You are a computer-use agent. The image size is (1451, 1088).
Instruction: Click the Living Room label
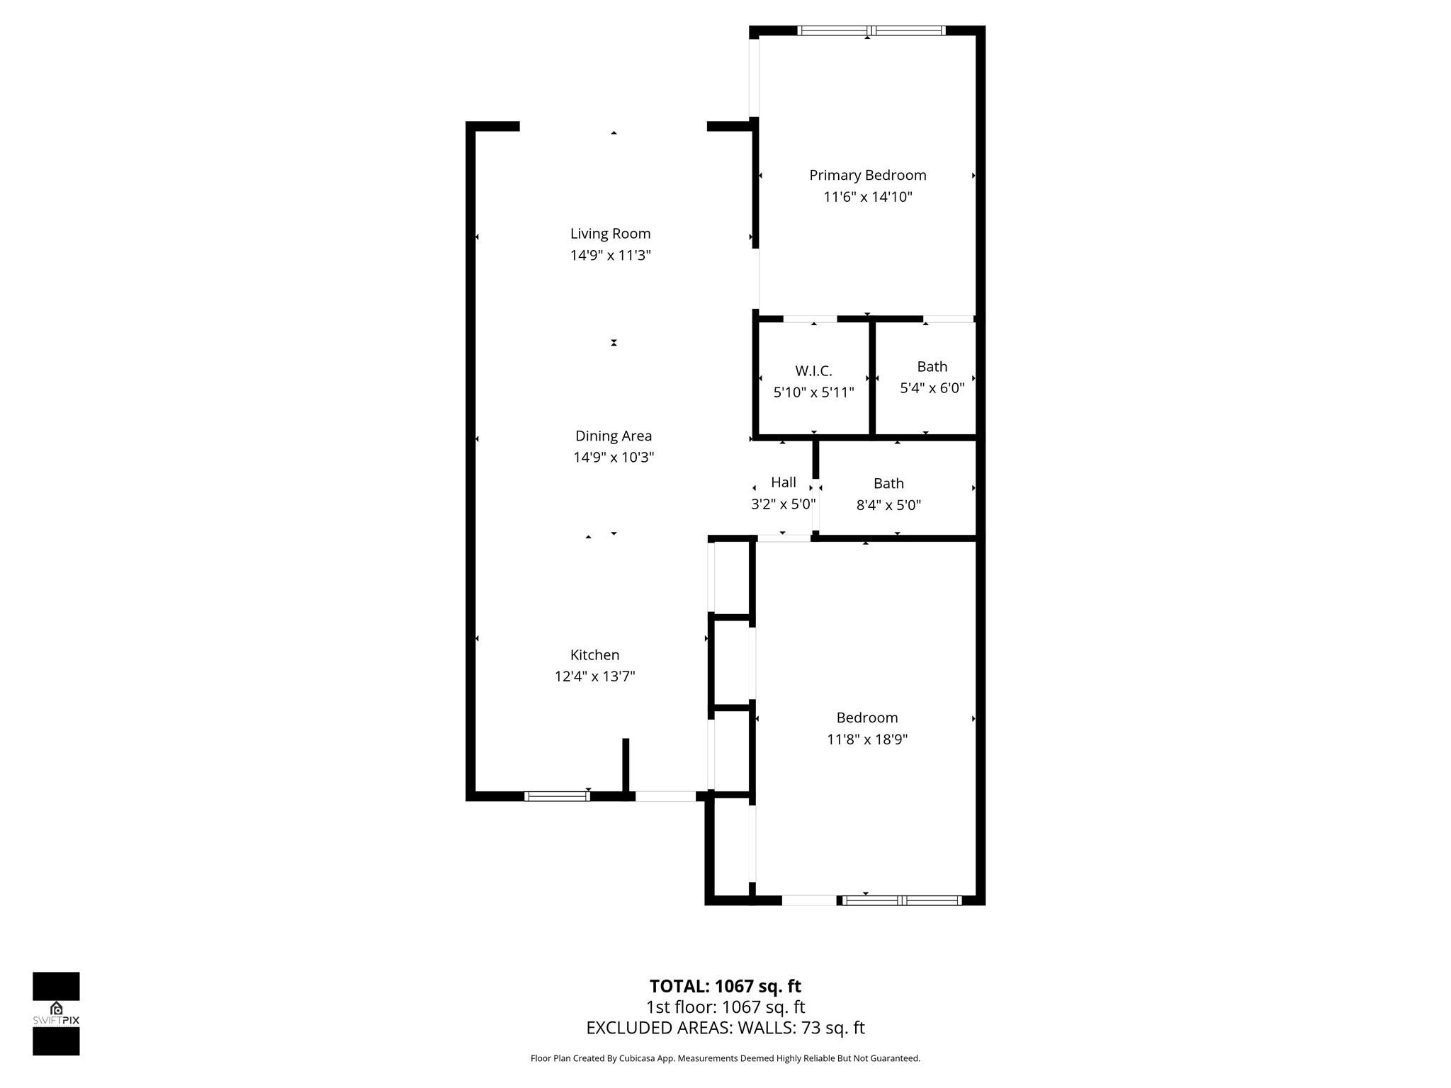(610, 234)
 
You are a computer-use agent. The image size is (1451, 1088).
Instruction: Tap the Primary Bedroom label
(867, 175)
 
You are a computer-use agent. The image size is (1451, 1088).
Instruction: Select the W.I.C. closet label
(813, 370)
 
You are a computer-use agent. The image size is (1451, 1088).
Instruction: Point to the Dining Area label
(613, 436)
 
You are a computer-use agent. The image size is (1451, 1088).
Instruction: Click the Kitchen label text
(594, 654)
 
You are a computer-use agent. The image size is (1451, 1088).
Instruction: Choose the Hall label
(783, 482)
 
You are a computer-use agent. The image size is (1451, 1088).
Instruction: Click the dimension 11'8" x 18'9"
(866, 739)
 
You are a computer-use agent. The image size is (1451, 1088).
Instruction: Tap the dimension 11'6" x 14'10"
(867, 197)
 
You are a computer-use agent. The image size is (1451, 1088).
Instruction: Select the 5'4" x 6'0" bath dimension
(932, 388)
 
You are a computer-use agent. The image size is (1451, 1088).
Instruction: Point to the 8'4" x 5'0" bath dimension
(888, 505)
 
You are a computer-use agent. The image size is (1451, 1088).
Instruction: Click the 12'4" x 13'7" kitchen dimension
(594, 676)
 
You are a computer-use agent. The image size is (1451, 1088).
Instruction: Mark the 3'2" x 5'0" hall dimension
(783, 504)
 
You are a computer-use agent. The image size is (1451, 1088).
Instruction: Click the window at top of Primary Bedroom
(871, 30)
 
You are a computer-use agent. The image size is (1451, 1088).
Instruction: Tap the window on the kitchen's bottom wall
(557, 796)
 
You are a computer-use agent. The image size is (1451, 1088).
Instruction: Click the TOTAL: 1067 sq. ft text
(725, 986)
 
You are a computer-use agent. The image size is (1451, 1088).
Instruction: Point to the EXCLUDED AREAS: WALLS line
(725, 1028)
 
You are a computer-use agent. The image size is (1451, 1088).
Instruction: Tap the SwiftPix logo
(56, 1014)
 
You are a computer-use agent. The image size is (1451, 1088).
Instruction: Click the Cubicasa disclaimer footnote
(725, 1058)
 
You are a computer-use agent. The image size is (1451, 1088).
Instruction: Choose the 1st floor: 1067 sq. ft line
(725, 1007)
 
